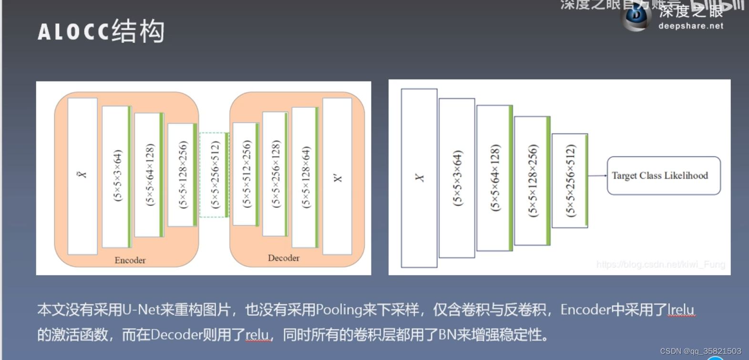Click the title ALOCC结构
tap(101, 31)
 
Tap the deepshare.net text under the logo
tap(690, 26)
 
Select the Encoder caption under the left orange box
tap(130, 260)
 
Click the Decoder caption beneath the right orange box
tap(284, 258)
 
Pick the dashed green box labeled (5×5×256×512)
tap(214, 175)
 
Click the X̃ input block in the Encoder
tap(82, 175)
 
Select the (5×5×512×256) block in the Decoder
tap(246, 174)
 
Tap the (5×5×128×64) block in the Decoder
tap(305, 176)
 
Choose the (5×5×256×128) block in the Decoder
tap(275, 174)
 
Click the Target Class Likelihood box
tap(663, 175)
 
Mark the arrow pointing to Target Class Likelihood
tap(597, 176)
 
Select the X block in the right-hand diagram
tap(419, 178)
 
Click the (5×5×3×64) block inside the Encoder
tap(116, 176)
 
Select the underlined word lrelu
tap(681, 310)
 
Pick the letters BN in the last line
tap(447, 335)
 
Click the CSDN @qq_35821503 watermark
tap(700, 351)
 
